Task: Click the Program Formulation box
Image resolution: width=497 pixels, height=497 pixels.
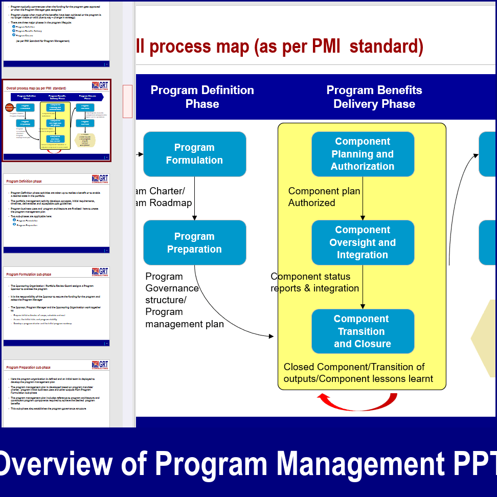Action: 194,154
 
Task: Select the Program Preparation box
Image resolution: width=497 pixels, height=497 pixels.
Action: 194,243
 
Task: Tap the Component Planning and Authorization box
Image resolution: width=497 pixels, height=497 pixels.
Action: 363,154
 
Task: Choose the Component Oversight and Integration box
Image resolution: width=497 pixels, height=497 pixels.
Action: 363,242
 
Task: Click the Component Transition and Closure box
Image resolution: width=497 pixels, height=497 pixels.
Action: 363,331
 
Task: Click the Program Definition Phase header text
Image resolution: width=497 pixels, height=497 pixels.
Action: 202,97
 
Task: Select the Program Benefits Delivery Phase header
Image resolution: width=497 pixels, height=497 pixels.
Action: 374,97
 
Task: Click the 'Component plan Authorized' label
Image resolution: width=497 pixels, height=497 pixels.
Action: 324,197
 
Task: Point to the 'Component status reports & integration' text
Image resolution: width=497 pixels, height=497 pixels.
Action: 314,282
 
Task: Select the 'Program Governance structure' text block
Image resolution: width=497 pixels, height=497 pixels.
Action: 184,300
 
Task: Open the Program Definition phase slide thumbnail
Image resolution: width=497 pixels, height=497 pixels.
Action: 56,213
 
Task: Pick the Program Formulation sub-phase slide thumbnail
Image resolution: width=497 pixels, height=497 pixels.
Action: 56,306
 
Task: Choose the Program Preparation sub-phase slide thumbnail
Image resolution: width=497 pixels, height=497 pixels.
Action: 56,394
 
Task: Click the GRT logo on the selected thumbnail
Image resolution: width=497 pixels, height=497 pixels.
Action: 100,85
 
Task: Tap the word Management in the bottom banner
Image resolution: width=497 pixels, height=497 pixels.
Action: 364,463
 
